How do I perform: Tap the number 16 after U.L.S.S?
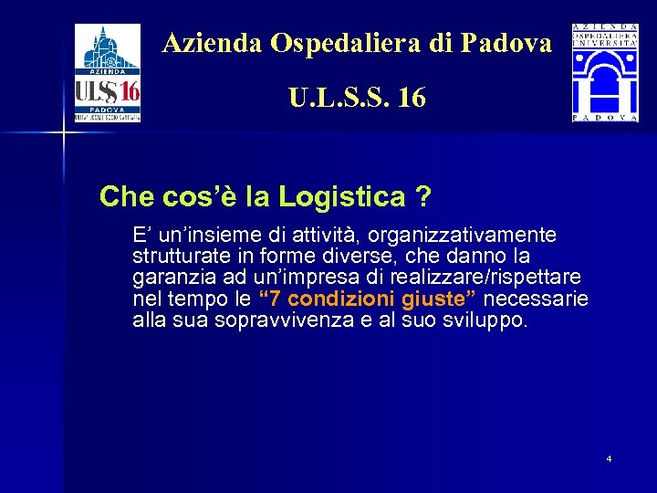pyautogui.click(x=412, y=97)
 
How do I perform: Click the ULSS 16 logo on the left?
pyautogui.click(x=108, y=73)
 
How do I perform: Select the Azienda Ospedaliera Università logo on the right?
pyautogui.click(x=605, y=73)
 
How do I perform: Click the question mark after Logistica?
pyautogui.click(x=422, y=196)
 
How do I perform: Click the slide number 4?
pyautogui.click(x=609, y=457)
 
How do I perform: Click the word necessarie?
pyautogui.click(x=541, y=299)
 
